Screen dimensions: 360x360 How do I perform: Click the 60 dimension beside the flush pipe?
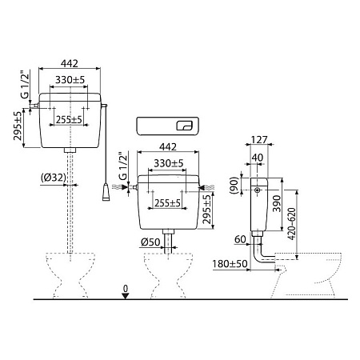(x=239, y=238)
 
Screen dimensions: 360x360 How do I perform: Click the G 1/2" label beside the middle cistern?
(x=122, y=166)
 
